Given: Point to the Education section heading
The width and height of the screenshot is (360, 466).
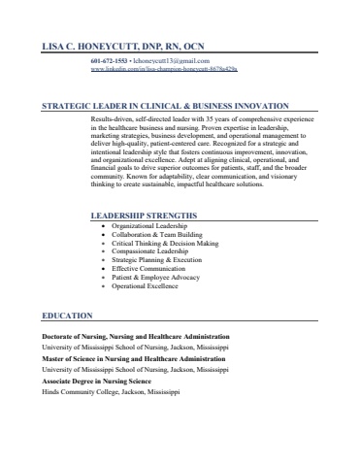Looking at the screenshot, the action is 67,316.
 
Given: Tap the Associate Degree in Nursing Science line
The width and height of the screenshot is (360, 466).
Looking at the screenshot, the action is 104,382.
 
